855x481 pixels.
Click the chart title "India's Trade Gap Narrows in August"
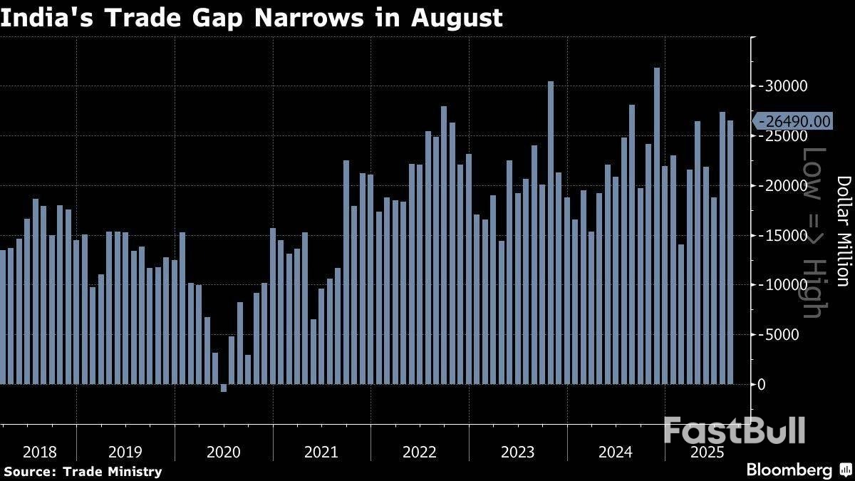pyautogui.click(x=252, y=17)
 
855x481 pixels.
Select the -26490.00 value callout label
pyautogui.click(x=792, y=122)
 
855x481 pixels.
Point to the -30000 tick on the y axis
pyautogui.click(x=782, y=86)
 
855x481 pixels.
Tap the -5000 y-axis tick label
pyautogui.click(x=778, y=335)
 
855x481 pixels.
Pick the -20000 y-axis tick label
pyautogui.click(x=782, y=186)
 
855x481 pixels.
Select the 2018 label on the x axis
pyautogui.click(x=39, y=452)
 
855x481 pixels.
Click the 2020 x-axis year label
pyautogui.click(x=223, y=452)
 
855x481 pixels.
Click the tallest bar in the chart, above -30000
pyautogui.click(x=656, y=225)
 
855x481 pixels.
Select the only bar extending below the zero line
pyautogui.click(x=224, y=388)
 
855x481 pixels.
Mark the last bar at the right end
pyautogui.click(x=730, y=252)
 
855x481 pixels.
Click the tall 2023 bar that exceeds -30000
pyautogui.click(x=550, y=232)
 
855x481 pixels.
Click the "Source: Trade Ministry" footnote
pyautogui.click(x=83, y=472)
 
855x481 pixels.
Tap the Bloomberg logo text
pyautogui.click(x=789, y=470)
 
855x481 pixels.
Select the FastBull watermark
pyautogui.click(x=734, y=431)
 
